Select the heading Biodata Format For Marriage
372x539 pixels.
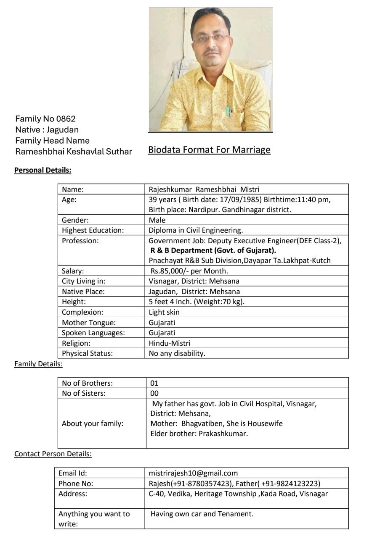point(209,150)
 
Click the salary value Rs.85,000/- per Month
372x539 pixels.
point(189,271)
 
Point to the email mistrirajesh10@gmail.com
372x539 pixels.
point(193,473)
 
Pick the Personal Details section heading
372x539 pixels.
point(43,170)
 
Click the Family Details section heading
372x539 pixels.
point(38,364)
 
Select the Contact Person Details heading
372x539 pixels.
point(53,454)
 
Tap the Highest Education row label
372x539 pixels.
point(93,230)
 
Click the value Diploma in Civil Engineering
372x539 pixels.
point(196,230)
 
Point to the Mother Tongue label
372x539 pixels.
point(88,323)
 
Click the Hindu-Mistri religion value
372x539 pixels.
point(169,343)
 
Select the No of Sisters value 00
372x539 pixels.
point(154,393)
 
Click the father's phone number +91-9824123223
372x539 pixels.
point(291,484)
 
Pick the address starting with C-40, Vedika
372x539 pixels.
point(238,494)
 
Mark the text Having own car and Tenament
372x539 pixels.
point(202,514)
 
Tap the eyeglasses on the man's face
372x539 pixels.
point(212,38)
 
